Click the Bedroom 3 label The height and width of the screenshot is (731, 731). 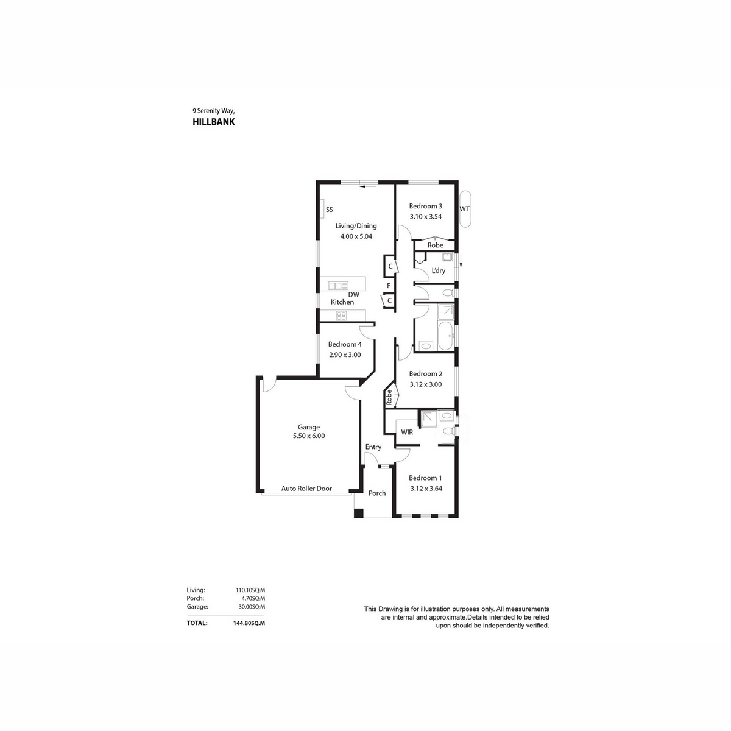425,207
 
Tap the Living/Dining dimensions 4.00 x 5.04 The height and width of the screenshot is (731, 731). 356,236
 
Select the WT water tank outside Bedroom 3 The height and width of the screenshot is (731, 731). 465,209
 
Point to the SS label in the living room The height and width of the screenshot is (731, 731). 330,210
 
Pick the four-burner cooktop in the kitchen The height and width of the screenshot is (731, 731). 341,316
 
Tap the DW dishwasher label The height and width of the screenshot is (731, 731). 353,295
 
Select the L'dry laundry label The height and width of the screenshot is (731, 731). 438,271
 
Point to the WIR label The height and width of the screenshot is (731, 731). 407,432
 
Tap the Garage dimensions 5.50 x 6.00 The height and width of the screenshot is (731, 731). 309,436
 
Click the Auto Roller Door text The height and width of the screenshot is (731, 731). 306,489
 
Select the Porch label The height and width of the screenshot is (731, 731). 377,493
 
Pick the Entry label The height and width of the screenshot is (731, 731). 373,447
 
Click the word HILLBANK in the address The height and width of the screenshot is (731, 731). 214,122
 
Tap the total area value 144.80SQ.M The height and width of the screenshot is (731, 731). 249,623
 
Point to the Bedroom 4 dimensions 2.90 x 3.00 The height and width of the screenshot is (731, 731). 345,355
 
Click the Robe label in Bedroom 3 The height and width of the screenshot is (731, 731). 436,245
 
